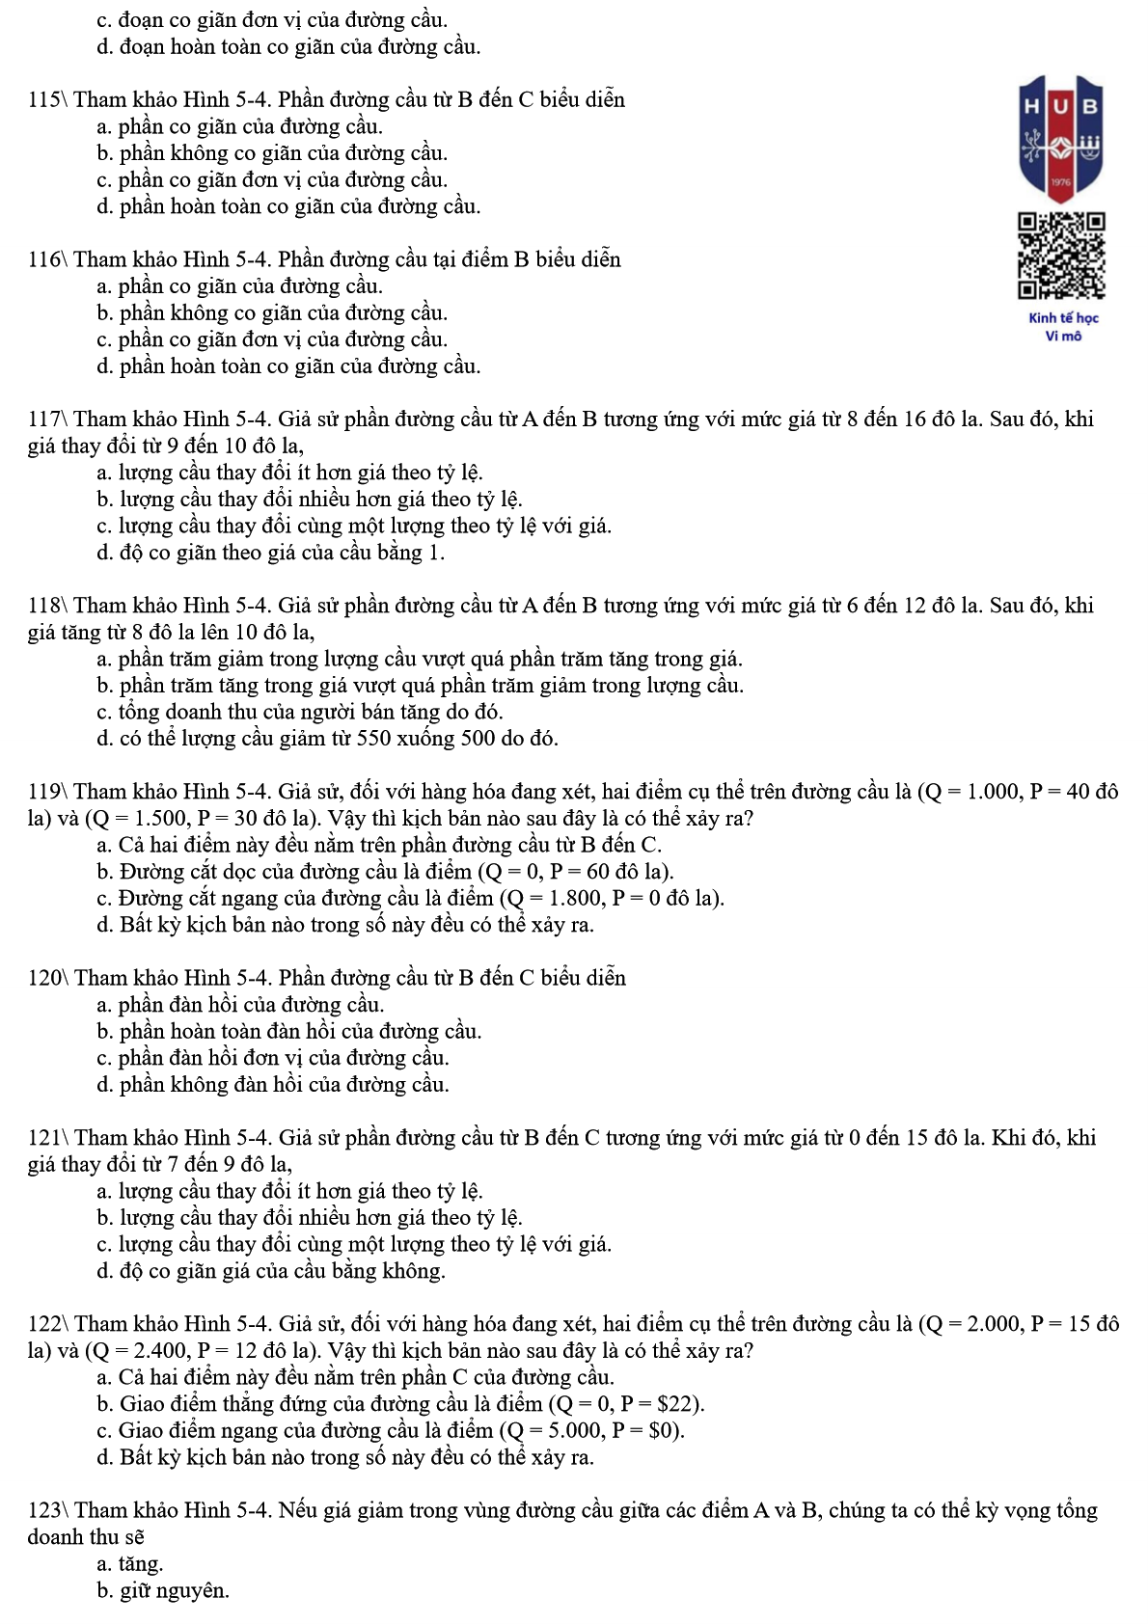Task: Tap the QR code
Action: pyautogui.click(x=1061, y=256)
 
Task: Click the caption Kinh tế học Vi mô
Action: pyautogui.click(x=1063, y=327)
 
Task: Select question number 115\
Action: pyautogui.click(x=47, y=100)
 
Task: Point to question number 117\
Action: pyautogui.click(x=47, y=420)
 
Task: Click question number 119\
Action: pyautogui.click(x=47, y=793)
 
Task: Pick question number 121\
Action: pyautogui.click(x=47, y=1138)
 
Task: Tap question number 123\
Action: pyautogui.click(x=47, y=1510)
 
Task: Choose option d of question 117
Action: pyautogui.click(x=270, y=553)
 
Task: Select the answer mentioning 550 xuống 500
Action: pyautogui.click(x=327, y=739)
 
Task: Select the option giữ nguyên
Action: pyautogui.click(x=163, y=1591)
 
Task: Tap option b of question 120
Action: pyautogui.click(x=288, y=1032)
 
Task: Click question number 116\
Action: pyautogui.click(x=47, y=259)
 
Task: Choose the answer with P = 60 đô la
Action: pyautogui.click(x=386, y=872)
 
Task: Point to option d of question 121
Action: pyautogui.click(x=271, y=1271)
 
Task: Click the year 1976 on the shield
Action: pyautogui.click(x=1061, y=182)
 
